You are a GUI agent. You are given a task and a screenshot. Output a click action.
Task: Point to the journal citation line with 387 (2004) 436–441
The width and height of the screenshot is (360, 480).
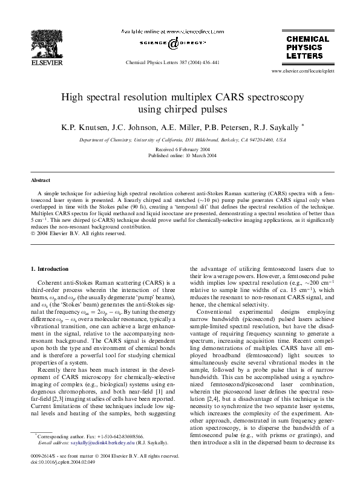(x=172, y=62)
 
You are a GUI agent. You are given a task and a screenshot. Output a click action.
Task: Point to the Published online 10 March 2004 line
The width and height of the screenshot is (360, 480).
(x=182, y=155)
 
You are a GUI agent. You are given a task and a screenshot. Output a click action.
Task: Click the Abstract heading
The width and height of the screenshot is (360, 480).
(x=41, y=181)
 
